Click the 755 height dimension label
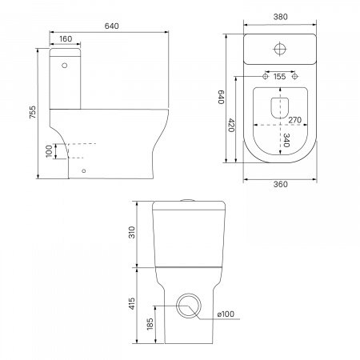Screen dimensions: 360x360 click(32, 112)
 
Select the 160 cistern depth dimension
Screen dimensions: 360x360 click(66, 39)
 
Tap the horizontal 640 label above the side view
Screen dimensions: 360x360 click(111, 26)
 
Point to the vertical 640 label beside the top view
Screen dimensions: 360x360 click(222, 97)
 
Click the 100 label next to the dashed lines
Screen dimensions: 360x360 click(49, 151)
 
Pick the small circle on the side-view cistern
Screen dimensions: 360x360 click(64, 65)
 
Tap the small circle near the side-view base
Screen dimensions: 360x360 click(84, 170)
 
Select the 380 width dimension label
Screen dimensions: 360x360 click(281, 17)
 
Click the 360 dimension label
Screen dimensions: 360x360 click(281, 184)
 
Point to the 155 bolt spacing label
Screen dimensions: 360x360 click(279, 77)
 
